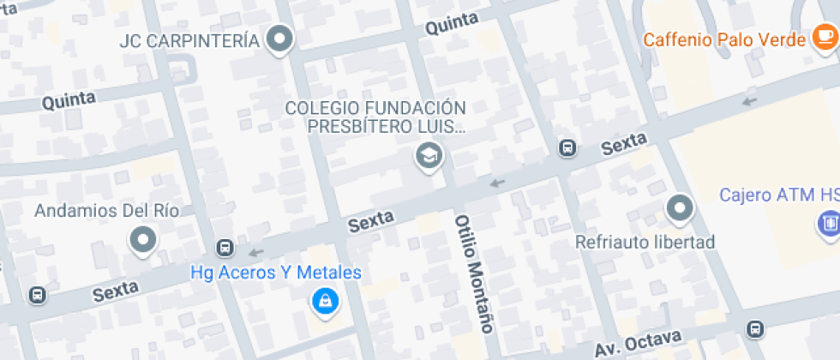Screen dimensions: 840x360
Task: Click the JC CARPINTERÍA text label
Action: [x=189, y=40]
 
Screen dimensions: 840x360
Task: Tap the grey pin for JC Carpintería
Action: [x=279, y=39]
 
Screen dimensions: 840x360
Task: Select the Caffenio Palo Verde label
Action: [x=724, y=39]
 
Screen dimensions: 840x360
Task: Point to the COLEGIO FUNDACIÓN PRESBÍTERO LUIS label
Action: [x=375, y=118]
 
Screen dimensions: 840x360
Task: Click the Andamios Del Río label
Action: [x=95, y=211]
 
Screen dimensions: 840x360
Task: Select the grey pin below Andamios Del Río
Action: [x=142, y=240]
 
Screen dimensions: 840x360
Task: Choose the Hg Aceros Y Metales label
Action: [x=275, y=273]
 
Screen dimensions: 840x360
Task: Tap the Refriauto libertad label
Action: [x=645, y=243]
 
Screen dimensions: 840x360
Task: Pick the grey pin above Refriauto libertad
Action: [x=680, y=207]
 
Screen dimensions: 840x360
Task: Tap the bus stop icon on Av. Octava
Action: [x=755, y=329]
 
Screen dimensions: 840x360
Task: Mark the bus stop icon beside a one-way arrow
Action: [x=225, y=249]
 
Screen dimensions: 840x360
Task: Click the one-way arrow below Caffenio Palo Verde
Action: [x=750, y=101]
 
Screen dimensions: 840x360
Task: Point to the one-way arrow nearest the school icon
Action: [x=496, y=182]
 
